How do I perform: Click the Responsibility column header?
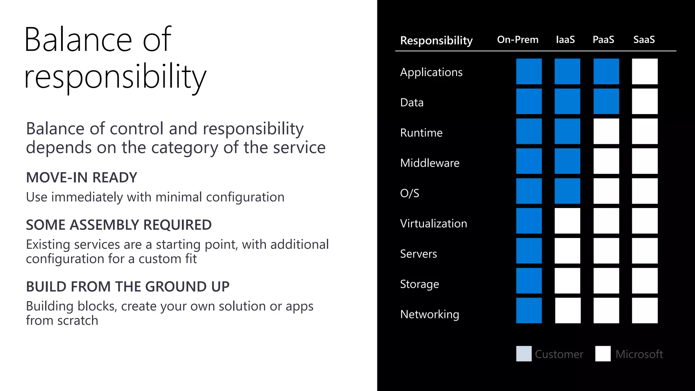(436, 40)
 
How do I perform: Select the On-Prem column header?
(518, 40)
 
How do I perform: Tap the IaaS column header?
(565, 40)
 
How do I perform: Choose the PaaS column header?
(603, 40)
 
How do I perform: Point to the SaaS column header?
(644, 40)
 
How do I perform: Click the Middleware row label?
(430, 163)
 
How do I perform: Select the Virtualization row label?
(433, 223)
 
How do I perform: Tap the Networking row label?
(430, 314)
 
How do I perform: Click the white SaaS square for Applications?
(644, 71)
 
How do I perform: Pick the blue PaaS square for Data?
(606, 101)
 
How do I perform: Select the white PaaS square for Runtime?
(606, 131)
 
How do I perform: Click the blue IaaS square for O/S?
(567, 191)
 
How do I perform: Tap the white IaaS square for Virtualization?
(567, 221)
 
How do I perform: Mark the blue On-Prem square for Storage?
(529, 281)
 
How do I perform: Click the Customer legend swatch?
(524, 354)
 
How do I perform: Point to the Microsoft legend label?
(639, 354)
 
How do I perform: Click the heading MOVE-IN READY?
(81, 178)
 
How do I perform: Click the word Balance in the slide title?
(78, 40)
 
